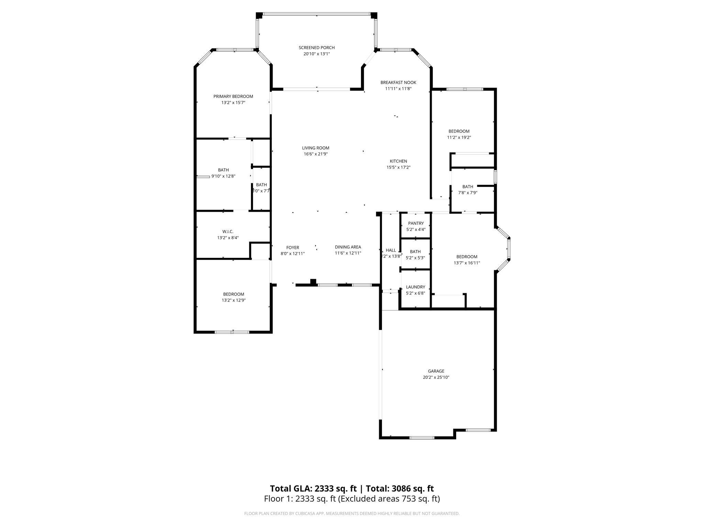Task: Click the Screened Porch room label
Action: pos(316,48)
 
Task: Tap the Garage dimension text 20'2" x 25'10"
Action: pos(436,377)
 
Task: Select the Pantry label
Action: pos(416,223)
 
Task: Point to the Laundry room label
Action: pos(415,287)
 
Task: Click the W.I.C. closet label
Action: pos(228,232)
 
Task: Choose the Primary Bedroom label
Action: pos(233,97)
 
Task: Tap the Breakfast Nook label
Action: pos(398,82)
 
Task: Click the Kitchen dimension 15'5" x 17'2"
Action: pos(398,167)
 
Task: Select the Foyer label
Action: pos(293,247)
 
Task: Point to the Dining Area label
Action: pos(348,247)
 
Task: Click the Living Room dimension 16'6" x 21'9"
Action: pos(316,154)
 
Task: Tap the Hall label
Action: pos(391,250)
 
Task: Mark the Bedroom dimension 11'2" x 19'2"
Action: pos(459,137)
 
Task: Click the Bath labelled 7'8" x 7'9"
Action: pos(467,187)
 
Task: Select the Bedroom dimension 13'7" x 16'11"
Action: pos(466,263)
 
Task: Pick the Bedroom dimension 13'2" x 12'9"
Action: pos(233,300)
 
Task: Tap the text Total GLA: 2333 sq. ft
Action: pos(313,488)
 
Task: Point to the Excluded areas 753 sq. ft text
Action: pos(389,499)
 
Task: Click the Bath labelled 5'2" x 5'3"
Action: pos(415,252)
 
